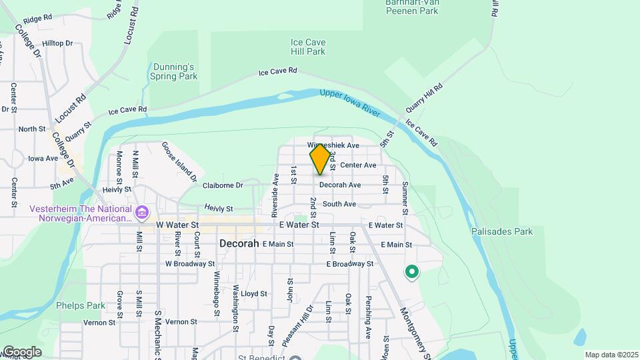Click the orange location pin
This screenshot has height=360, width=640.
pyautogui.click(x=320, y=159)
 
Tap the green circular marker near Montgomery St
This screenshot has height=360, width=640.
pyautogui.click(x=412, y=271)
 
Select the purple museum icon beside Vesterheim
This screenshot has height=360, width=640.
pyautogui.click(x=141, y=213)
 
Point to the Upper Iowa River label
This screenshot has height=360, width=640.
pyautogui.click(x=350, y=103)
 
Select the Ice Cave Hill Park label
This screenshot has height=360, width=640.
pyautogui.click(x=307, y=47)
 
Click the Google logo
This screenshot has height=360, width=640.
pyautogui.click(x=21, y=352)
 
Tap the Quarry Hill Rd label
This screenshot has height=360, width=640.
pyautogui.click(x=424, y=98)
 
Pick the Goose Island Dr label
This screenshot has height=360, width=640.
pyautogui.click(x=179, y=161)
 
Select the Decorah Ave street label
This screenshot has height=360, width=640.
pyautogui.click(x=340, y=185)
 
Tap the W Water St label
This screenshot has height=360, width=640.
pyautogui.click(x=177, y=225)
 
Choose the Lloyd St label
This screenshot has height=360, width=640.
pyautogui.click(x=253, y=293)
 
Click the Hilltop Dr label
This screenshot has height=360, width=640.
pyautogui.click(x=59, y=43)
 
